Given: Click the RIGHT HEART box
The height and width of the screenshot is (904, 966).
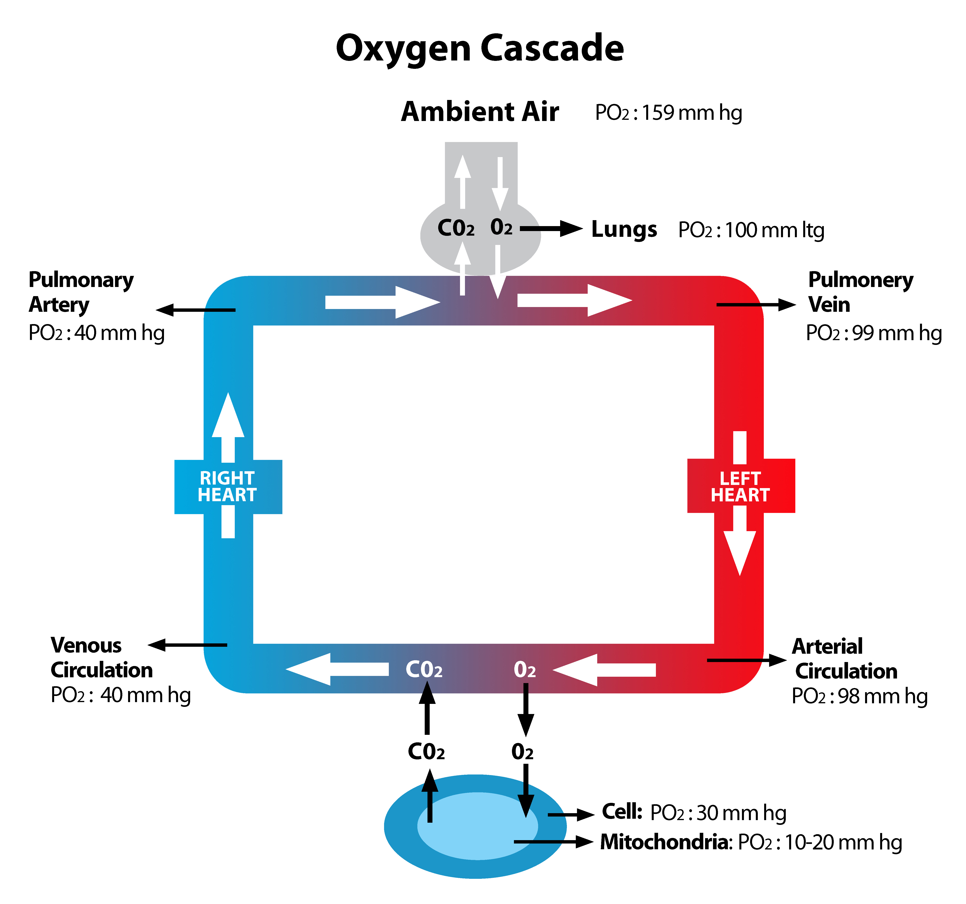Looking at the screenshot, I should (228, 487).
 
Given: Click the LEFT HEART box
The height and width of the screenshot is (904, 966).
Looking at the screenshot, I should (741, 487).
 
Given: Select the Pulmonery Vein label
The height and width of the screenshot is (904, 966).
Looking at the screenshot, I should (860, 292).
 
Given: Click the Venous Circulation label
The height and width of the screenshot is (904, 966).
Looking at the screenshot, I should (101, 658).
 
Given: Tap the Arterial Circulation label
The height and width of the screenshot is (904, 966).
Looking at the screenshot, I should (844, 658).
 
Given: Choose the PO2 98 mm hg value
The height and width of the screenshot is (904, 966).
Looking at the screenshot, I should (859, 697).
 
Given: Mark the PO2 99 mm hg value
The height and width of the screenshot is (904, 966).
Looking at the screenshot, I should (873, 333).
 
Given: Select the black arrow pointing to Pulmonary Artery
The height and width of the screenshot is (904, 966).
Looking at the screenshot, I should (195, 310).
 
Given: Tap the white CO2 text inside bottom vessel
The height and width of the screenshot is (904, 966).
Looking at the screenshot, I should (424, 670).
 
